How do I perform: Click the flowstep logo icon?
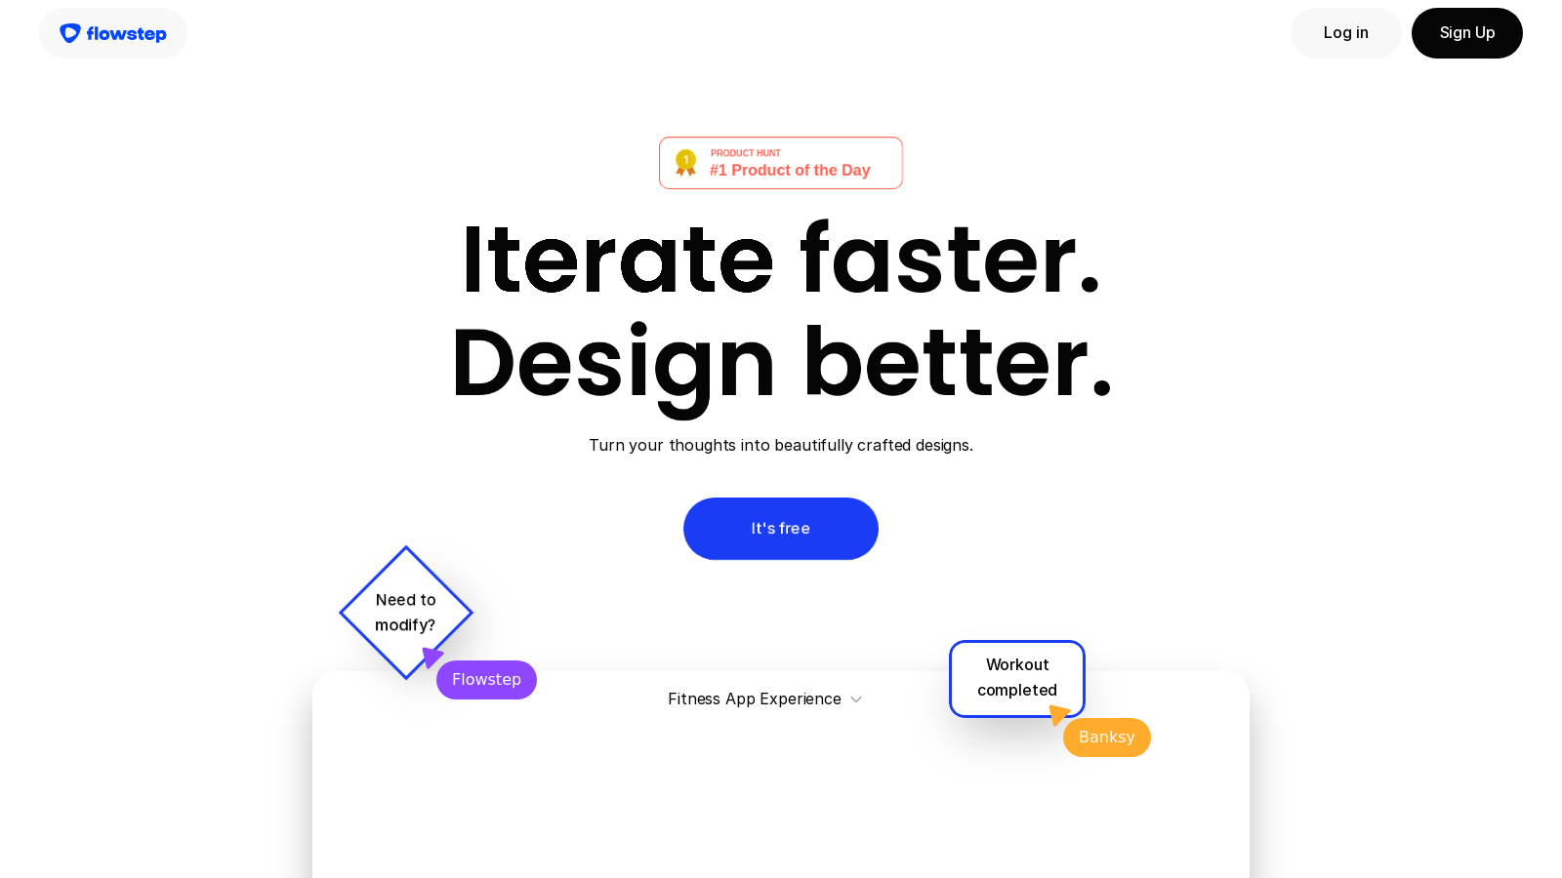point(69,33)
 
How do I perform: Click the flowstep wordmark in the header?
point(126,34)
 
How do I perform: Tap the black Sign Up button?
point(1466,33)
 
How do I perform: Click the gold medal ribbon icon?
point(686,162)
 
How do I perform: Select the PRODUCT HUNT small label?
point(746,153)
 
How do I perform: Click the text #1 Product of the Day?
point(790,171)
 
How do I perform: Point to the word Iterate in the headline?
point(617,259)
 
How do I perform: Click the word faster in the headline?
point(950,259)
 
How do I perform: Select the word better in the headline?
point(957,363)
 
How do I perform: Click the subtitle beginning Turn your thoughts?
point(781,445)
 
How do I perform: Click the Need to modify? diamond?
point(406,612)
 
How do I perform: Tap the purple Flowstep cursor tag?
point(486,680)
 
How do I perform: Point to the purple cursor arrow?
point(432,658)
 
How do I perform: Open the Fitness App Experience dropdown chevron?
point(856,699)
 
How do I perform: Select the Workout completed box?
point(1016,677)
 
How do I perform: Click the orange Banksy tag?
point(1106,738)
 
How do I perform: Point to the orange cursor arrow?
point(1058,715)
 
